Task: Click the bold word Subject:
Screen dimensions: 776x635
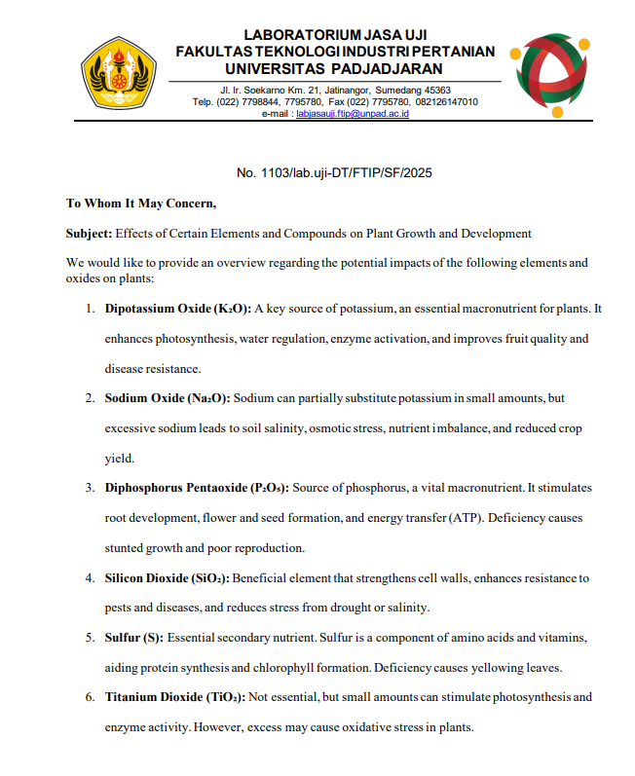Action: click(x=89, y=234)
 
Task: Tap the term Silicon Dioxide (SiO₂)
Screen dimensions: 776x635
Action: click(x=168, y=577)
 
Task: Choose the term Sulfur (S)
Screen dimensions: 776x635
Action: click(x=133, y=638)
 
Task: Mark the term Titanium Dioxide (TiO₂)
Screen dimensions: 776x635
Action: click(x=174, y=697)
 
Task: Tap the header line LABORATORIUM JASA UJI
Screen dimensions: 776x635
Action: click(x=335, y=35)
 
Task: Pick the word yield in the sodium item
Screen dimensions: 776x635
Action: click(x=118, y=458)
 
